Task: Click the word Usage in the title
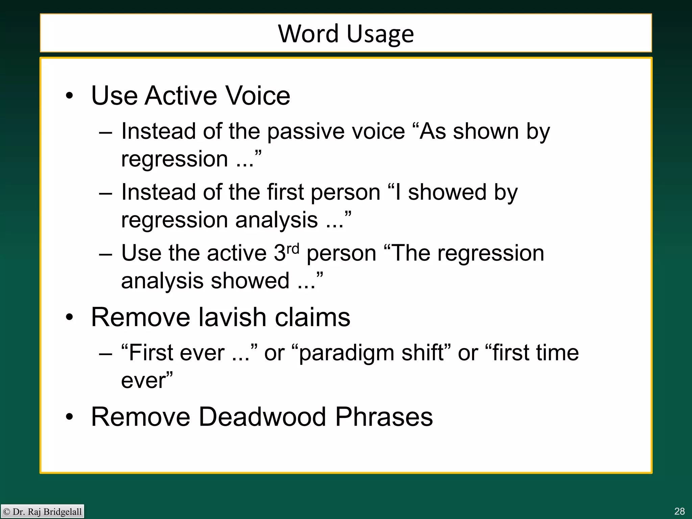[x=380, y=34]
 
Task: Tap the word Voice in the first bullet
[x=258, y=96]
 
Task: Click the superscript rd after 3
[x=293, y=249]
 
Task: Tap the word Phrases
[x=384, y=417]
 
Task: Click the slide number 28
[x=679, y=511]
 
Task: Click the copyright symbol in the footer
[x=6, y=512]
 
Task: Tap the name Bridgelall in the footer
[x=63, y=512]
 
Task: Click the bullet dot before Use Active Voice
[x=69, y=96]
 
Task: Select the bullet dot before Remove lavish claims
[x=69, y=318]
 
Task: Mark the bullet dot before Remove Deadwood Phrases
[x=69, y=417]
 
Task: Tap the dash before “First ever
[x=105, y=353]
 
